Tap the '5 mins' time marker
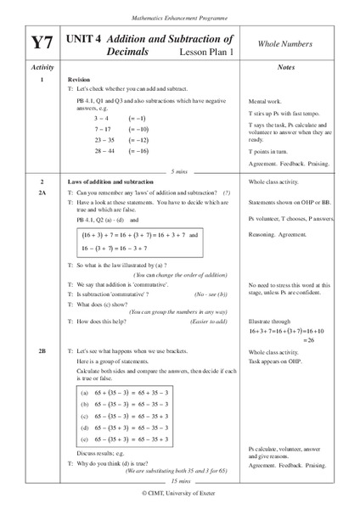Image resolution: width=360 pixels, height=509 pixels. coord(180,171)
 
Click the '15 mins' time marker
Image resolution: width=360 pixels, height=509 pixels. coord(180,480)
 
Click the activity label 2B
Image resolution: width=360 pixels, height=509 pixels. coord(42,350)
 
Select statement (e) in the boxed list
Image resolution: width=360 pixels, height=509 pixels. coord(132,440)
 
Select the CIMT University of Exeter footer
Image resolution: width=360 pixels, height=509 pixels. coord(180,492)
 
